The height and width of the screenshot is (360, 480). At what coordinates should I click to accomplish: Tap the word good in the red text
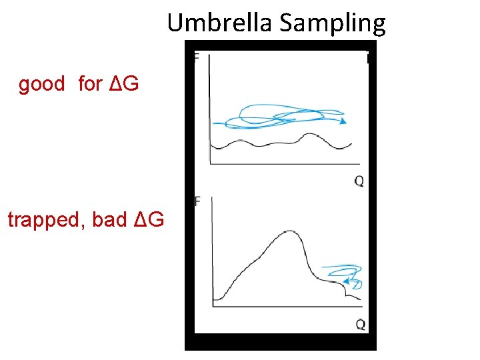[41, 84]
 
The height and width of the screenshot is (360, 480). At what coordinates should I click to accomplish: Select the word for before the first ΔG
[90, 84]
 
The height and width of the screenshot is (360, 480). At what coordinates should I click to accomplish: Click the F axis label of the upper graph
[196, 57]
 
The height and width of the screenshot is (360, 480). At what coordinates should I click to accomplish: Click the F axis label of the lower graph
[197, 201]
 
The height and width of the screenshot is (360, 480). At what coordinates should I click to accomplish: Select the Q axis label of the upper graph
[359, 181]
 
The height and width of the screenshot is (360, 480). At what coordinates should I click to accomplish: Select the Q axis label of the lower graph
[360, 325]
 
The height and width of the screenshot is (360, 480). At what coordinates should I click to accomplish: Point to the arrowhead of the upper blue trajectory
[343, 122]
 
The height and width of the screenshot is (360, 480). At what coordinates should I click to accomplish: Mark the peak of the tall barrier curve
[288, 231]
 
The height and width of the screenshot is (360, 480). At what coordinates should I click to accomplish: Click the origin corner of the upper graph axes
[210, 163]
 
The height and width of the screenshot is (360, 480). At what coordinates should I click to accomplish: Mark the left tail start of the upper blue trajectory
[213, 123]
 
